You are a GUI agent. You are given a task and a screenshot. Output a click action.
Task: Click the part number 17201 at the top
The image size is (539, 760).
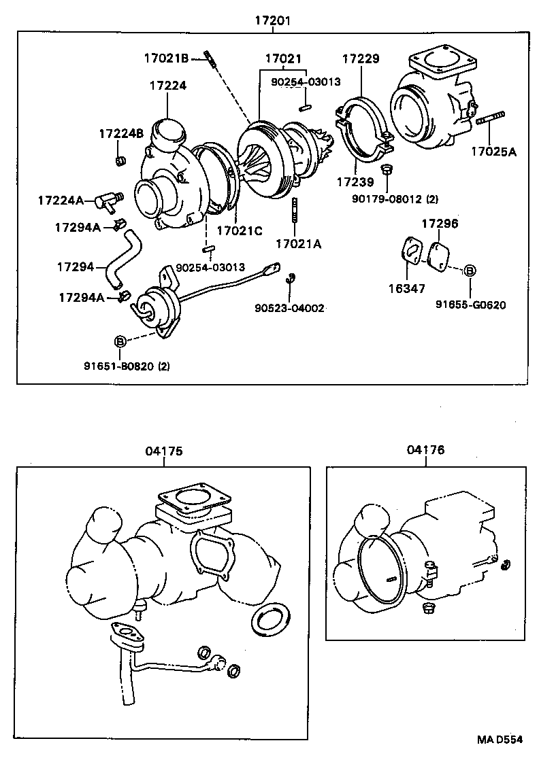(272, 20)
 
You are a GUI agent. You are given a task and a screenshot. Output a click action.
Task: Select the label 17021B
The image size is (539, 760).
(165, 58)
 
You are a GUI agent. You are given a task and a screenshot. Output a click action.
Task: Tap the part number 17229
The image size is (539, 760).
(360, 59)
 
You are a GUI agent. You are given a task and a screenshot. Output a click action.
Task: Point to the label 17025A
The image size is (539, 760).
(493, 152)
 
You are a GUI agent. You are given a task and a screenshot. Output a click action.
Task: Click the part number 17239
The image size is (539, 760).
(355, 182)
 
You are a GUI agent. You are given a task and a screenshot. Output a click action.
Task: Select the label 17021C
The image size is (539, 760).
(239, 230)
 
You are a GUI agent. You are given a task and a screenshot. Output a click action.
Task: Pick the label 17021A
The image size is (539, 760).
(298, 243)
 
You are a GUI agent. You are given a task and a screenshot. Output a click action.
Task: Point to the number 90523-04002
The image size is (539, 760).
(290, 308)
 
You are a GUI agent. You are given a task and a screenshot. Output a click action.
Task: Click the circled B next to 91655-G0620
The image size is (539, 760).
(470, 271)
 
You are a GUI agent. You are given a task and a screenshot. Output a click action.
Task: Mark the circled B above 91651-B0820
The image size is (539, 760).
(120, 340)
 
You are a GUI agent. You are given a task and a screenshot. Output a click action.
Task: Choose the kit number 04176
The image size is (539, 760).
(425, 450)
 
